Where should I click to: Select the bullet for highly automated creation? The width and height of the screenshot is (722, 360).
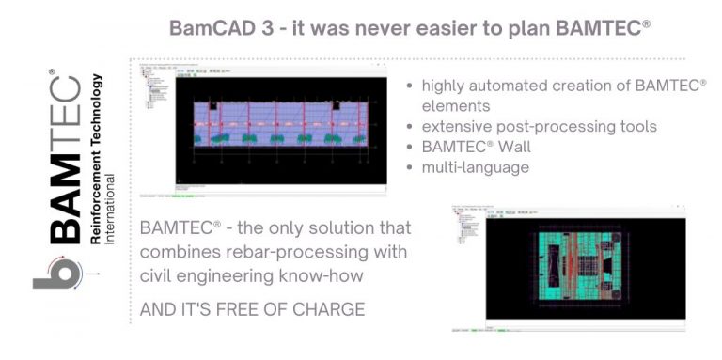coord(409,86)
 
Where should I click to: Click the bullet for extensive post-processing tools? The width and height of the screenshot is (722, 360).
coord(409,127)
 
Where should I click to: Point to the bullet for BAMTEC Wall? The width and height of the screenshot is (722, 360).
coord(409,148)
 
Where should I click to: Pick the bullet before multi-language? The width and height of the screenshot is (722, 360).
coord(409,168)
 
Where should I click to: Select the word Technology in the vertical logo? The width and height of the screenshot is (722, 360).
coord(96,111)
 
